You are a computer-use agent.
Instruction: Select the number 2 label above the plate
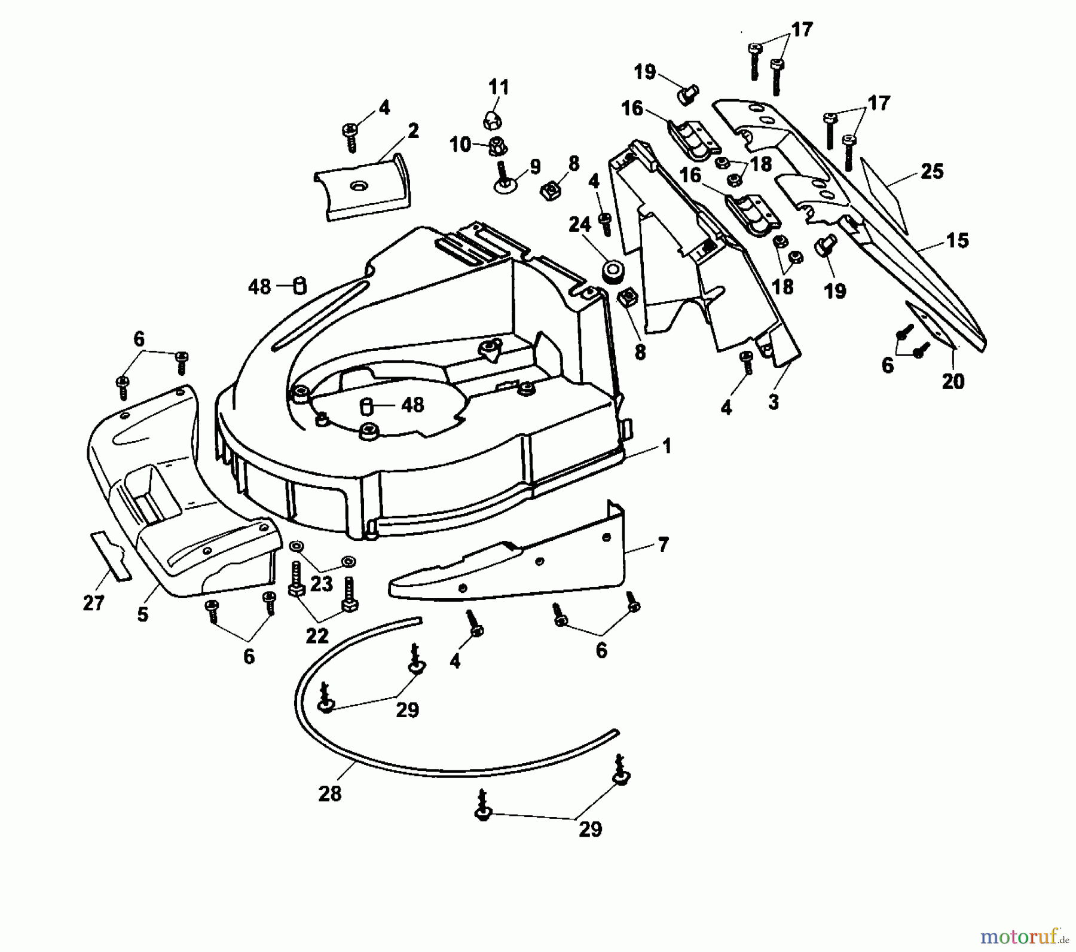pyautogui.click(x=412, y=131)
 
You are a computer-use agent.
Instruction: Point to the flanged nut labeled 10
pyautogui.click(x=495, y=145)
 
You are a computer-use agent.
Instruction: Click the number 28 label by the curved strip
pyautogui.click(x=329, y=794)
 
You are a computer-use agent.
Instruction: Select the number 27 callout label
pyautogui.click(x=94, y=603)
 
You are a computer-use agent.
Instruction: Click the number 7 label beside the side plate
pyautogui.click(x=662, y=545)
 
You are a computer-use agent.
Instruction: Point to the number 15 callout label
pyautogui.click(x=957, y=241)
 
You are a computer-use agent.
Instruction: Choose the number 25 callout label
pyautogui.click(x=931, y=172)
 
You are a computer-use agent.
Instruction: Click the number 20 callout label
pyautogui.click(x=953, y=381)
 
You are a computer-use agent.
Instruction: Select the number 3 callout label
pyautogui.click(x=774, y=402)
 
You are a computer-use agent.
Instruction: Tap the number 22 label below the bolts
pyautogui.click(x=317, y=636)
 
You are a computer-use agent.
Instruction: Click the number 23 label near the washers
pyautogui.click(x=322, y=584)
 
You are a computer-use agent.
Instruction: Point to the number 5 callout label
pyautogui.click(x=142, y=614)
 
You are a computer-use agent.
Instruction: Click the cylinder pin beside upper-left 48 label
pyautogui.click(x=300, y=286)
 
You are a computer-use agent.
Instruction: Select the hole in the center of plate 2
pyautogui.click(x=359, y=186)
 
